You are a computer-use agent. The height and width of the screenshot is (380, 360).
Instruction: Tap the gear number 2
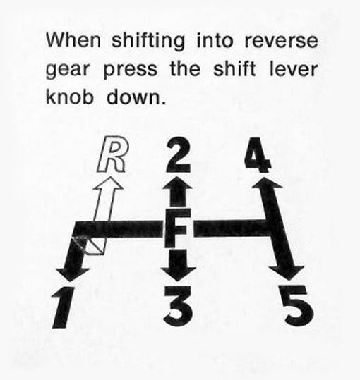179,155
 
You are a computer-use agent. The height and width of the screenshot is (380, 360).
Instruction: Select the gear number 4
257,155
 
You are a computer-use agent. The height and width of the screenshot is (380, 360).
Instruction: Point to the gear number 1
63,307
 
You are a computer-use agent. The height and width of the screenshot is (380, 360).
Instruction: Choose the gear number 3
179,306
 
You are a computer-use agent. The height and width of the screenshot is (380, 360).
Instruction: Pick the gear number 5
299,305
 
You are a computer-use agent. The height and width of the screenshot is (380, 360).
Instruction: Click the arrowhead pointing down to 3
179,274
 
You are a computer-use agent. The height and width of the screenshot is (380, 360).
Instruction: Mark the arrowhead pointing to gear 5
287,273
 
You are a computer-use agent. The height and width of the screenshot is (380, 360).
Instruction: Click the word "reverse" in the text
281,41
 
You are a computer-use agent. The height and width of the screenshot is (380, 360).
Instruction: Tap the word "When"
73,39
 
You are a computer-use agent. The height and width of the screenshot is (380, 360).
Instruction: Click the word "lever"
294,69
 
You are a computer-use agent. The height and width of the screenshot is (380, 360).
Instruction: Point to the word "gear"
68,71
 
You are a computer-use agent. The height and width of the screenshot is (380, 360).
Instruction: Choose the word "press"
131,71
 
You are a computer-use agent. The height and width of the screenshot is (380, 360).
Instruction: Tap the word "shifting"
148,41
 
